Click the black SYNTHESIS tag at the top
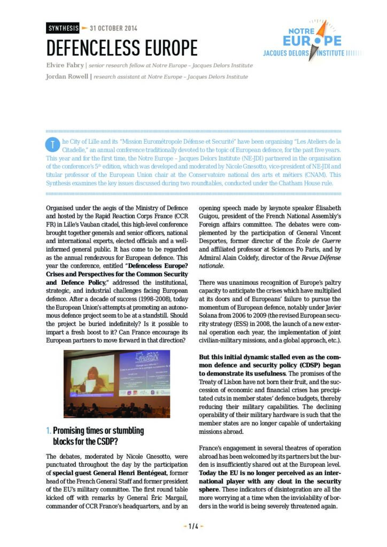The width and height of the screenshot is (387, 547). coord(62,28)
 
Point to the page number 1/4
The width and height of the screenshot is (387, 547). coord(193,526)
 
